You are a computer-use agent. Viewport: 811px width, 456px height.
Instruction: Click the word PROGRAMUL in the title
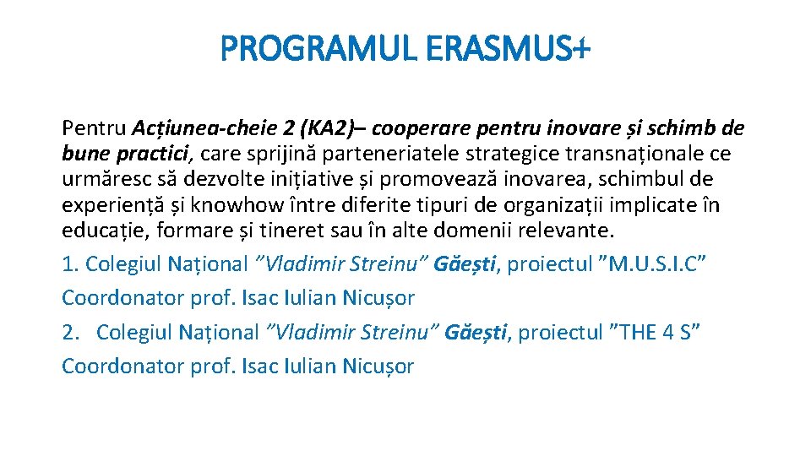point(318,51)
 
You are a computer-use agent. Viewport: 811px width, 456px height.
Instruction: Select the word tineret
point(292,230)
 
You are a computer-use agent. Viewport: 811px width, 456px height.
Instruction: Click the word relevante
point(563,230)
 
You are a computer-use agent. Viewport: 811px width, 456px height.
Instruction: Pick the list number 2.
point(71,332)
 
